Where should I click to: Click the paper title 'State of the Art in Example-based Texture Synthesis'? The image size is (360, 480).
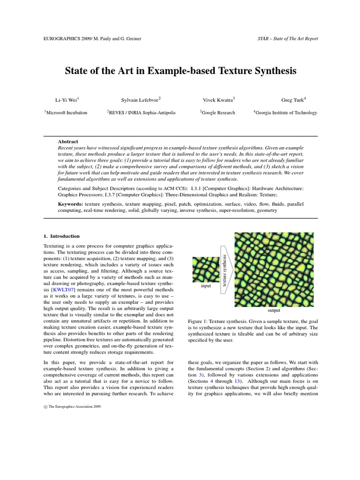pyautogui.click(x=180, y=71)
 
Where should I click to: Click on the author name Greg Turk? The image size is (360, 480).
pyautogui.click(x=293, y=99)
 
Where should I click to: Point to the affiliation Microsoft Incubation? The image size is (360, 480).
pyautogui.click(x=66, y=112)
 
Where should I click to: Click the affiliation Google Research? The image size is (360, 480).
pyautogui.click(x=217, y=112)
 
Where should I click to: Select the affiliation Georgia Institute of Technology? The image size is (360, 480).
pyautogui.click(x=285, y=112)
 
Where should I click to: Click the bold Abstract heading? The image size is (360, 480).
pyautogui.click(x=68, y=141)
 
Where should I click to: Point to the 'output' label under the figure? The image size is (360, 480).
pyautogui.click(x=273, y=310)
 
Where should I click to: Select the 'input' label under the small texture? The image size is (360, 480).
pyautogui.click(x=206, y=285)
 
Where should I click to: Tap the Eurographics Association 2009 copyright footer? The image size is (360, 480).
pyautogui.click(x=72, y=407)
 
